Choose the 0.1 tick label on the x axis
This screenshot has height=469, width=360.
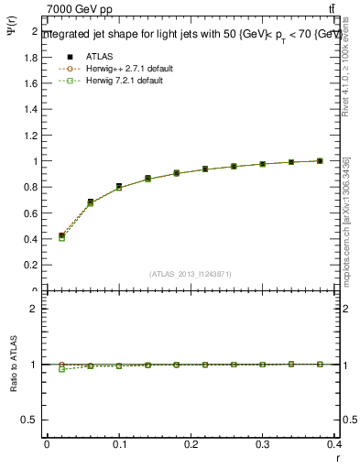pos(119,443)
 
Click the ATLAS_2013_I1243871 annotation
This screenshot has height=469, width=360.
pos(190,273)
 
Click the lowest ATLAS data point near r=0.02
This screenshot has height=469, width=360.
pos(61,235)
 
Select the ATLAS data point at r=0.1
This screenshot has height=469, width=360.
pos(119,186)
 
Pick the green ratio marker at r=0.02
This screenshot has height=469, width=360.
pos(61,369)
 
